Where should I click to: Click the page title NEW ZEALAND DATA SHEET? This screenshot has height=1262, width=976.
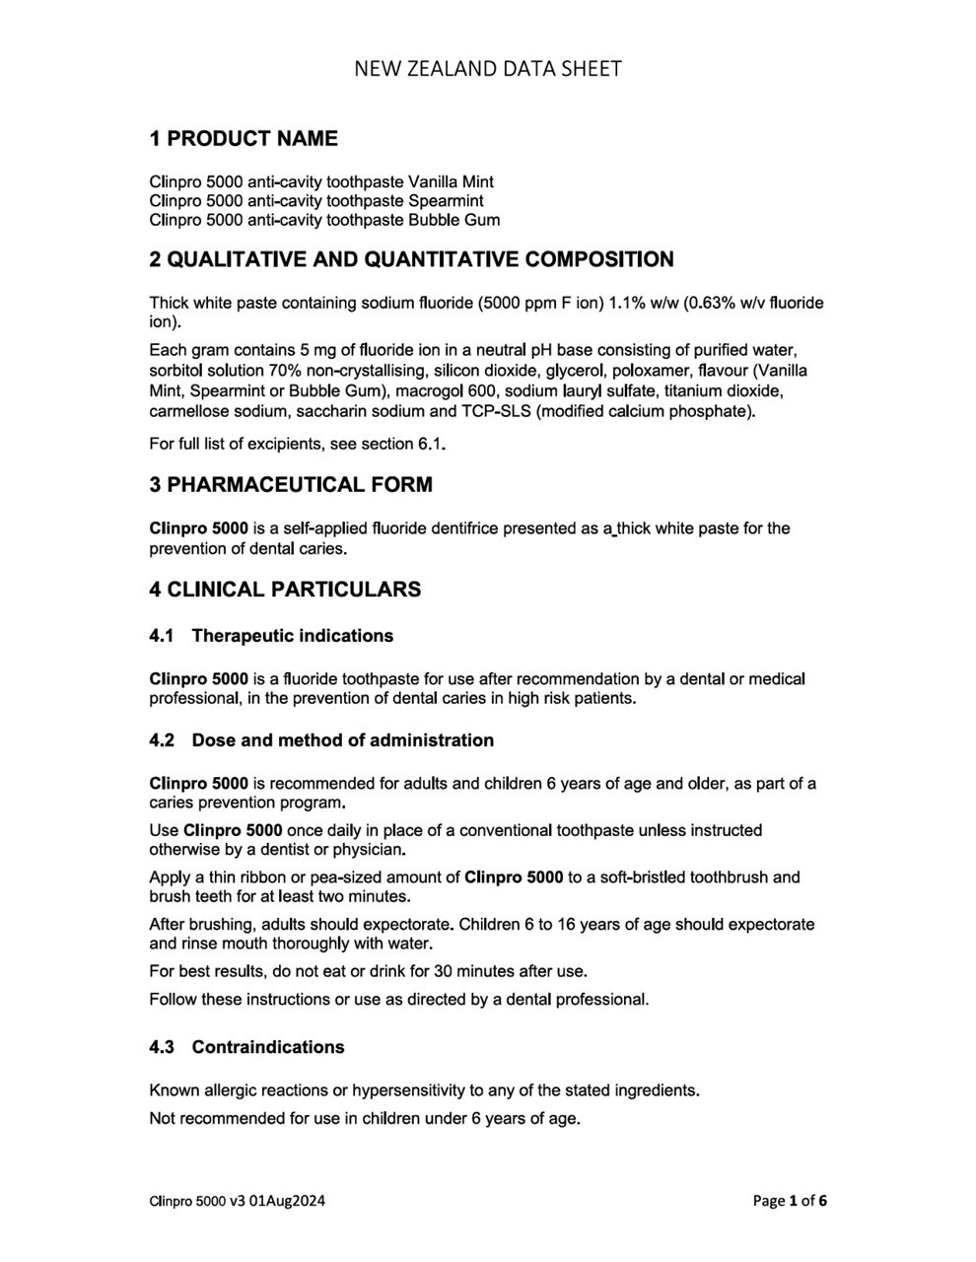click(x=487, y=68)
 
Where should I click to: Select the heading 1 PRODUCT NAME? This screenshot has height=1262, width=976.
click(x=243, y=139)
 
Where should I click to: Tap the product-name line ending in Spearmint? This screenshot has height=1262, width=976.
click(x=315, y=200)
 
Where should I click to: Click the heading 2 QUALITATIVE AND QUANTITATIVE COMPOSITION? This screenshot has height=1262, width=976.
click(x=411, y=260)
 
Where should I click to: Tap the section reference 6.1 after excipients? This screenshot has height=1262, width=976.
click(x=430, y=444)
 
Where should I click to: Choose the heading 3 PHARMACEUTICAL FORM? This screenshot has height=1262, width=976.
click(x=290, y=485)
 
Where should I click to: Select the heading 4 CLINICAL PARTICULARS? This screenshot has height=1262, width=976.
click(x=285, y=590)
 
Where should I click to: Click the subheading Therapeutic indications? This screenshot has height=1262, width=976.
click(x=292, y=636)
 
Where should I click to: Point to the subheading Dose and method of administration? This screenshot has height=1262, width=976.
click(x=342, y=740)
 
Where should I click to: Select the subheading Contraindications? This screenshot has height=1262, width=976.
click(x=268, y=1047)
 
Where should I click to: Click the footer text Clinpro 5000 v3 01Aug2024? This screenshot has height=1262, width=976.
click(x=238, y=1201)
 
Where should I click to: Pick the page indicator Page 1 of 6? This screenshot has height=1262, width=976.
click(x=790, y=1201)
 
